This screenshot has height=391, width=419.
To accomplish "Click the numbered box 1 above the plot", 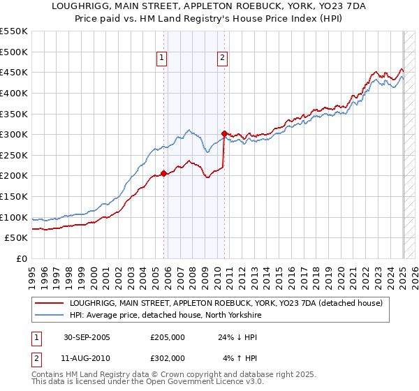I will [x=161, y=59].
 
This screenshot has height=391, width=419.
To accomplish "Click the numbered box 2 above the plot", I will [x=222, y=59].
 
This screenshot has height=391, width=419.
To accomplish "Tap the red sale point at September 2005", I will [x=164, y=174].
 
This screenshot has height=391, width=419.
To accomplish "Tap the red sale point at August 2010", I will [x=224, y=133].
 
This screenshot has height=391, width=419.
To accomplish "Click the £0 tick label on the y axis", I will [x=22, y=258].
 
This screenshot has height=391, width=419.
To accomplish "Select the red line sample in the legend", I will [x=49, y=304].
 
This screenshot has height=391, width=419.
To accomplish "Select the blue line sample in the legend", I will [x=49, y=316].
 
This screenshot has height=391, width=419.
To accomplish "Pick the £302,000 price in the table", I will [x=168, y=357].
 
